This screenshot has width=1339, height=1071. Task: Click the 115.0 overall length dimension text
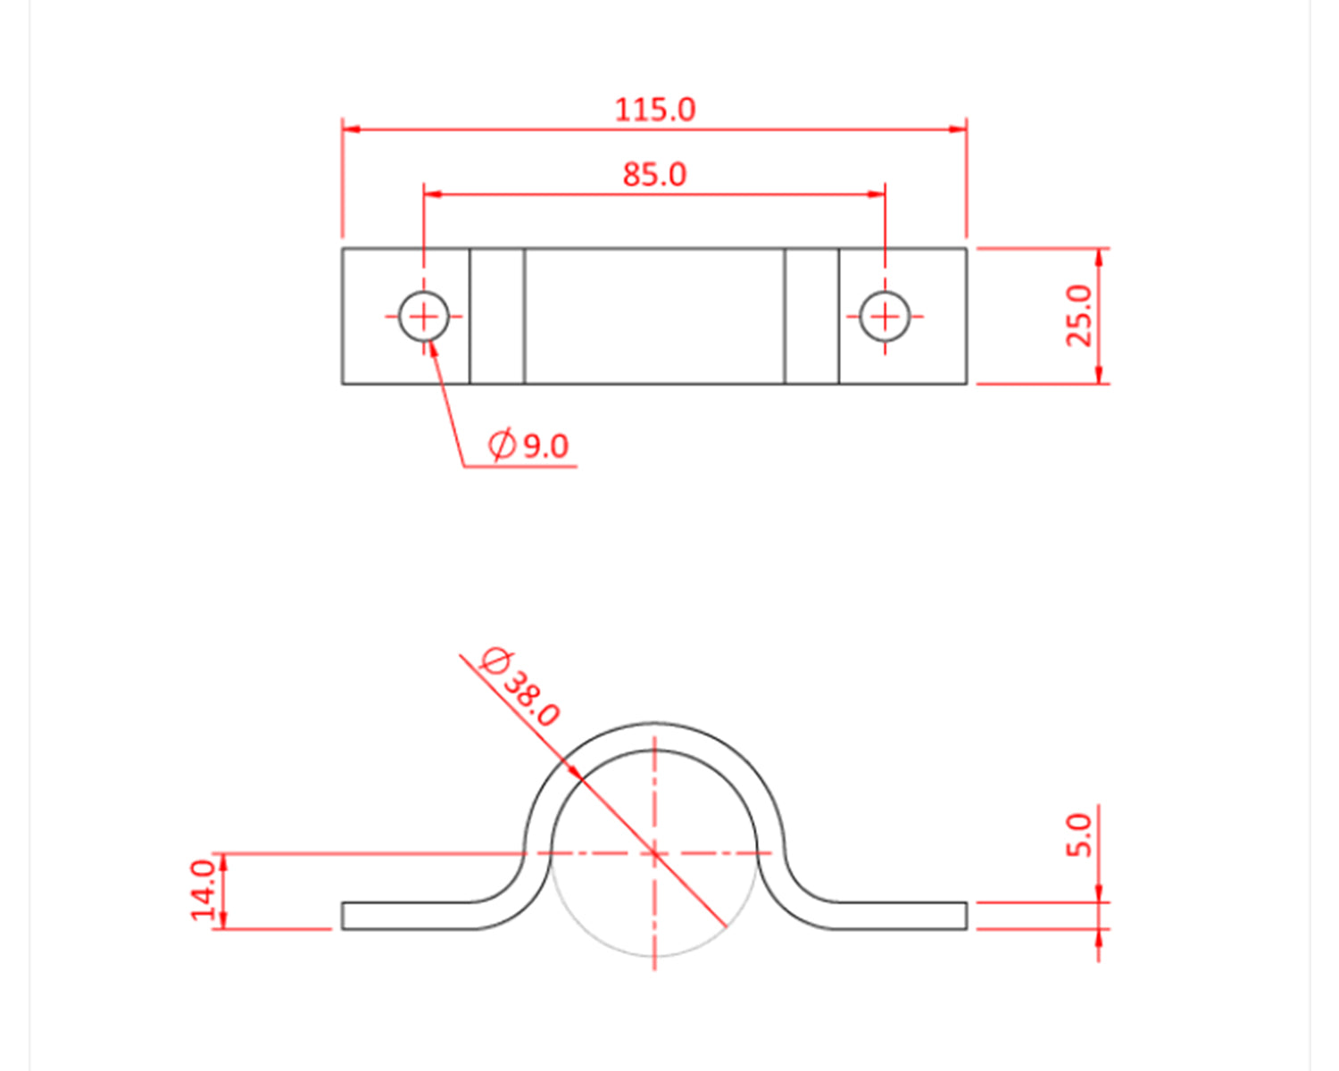pyautogui.click(x=654, y=110)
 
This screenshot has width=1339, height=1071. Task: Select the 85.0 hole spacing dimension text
pyautogui.click(x=654, y=174)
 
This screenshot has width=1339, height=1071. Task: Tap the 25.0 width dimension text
pyautogui.click(x=1078, y=315)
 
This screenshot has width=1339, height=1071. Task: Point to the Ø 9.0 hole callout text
pyautogui.click(x=528, y=444)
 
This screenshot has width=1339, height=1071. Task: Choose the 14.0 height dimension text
pyautogui.click(x=203, y=889)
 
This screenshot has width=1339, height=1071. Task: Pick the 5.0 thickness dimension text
pyautogui.click(x=1078, y=834)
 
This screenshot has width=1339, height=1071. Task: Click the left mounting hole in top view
pyautogui.click(x=423, y=316)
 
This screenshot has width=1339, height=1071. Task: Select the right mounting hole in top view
pyautogui.click(x=885, y=316)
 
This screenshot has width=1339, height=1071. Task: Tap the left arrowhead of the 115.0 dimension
pyautogui.click(x=351, y=129)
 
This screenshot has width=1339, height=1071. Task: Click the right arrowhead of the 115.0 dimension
pyautogui.click(x=958, y=129)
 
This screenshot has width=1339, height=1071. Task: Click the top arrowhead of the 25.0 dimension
pyautogui.click(x=1099, y=257)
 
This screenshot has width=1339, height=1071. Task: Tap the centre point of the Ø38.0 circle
pyautogui.click(x=654, y=853)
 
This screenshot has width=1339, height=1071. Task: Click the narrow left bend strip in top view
pyautogui.click(x=497, y=316)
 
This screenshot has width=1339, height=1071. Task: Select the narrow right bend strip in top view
pyautogui.click(x=811, y=316)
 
